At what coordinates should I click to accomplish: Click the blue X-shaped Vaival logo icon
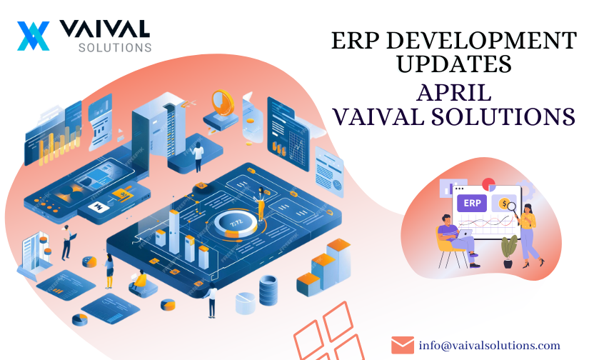[33, 36]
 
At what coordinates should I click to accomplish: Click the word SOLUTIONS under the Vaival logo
[115, 48]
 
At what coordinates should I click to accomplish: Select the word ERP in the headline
[356, 40]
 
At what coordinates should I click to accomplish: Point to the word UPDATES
[454, 64]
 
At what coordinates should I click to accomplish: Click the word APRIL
[454, 92]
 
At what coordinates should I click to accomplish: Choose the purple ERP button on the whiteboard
[472, 204]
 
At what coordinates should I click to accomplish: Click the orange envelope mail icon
[403, 345]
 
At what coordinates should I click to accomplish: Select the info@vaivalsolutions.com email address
[490, 345]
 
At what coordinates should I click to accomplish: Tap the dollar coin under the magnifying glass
[503, 204]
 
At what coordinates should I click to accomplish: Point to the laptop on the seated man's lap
[464, 234]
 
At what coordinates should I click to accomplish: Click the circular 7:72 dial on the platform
[236, 224]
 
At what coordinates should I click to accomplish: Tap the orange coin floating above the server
[223, 102]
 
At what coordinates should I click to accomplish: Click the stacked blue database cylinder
[268, 290]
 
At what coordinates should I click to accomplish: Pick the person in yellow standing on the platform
[261, 204]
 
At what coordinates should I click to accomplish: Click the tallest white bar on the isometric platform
[174, 231]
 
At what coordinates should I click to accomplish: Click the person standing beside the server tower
[197, 157]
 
